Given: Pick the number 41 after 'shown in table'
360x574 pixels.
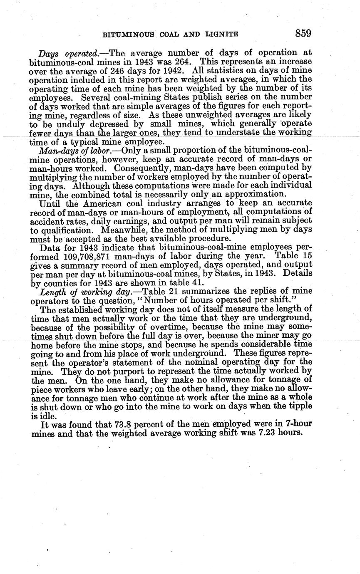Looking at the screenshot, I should coord(196,283).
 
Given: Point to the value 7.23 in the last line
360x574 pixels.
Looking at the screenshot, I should coord(258,433).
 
